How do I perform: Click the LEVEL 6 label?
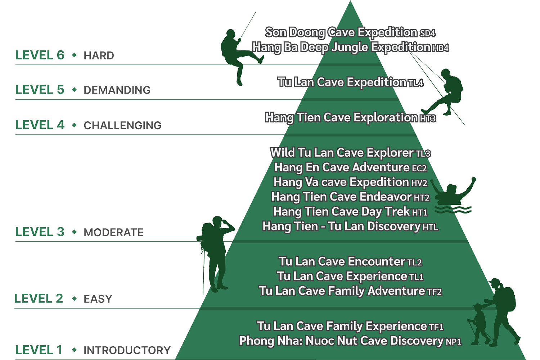point(40,55)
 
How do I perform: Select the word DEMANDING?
point(117,90)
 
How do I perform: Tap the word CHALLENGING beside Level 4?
point(122,125)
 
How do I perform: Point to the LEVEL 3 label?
point(40,232)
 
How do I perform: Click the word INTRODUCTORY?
point(127,350)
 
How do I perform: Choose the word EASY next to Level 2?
point(98,299)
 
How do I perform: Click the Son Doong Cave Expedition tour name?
point(341,32)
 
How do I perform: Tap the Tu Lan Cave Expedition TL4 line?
point(350,82)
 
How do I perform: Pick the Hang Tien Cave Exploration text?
point(341,117)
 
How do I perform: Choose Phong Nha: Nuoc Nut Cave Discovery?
point(341,341)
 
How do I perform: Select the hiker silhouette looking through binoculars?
point(216,252)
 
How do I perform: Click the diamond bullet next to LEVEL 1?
point(75,350)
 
